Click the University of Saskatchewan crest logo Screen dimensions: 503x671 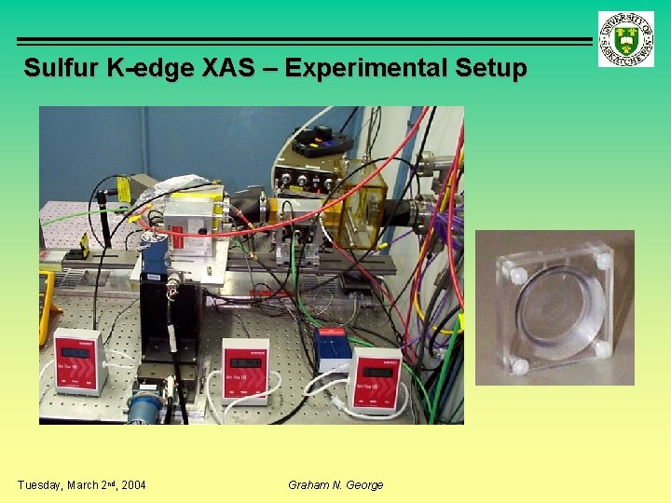pyautogui.click(x=625, y=38)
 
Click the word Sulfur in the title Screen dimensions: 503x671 pyautogui.click(x=59, y=68)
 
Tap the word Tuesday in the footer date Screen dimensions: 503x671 pyautogui.click(x=39, y=484)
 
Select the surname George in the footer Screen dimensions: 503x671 pyautogui.click(x=363, y=484)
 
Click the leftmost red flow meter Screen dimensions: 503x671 pyautogui.click(x=77, y=360)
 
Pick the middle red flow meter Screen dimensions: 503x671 pyautogui.click(x=246, y=369)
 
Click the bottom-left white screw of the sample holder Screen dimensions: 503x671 pyautogui.click(x=519, y=366)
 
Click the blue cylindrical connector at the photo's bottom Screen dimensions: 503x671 pyautogui.click(x=145, y=407)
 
